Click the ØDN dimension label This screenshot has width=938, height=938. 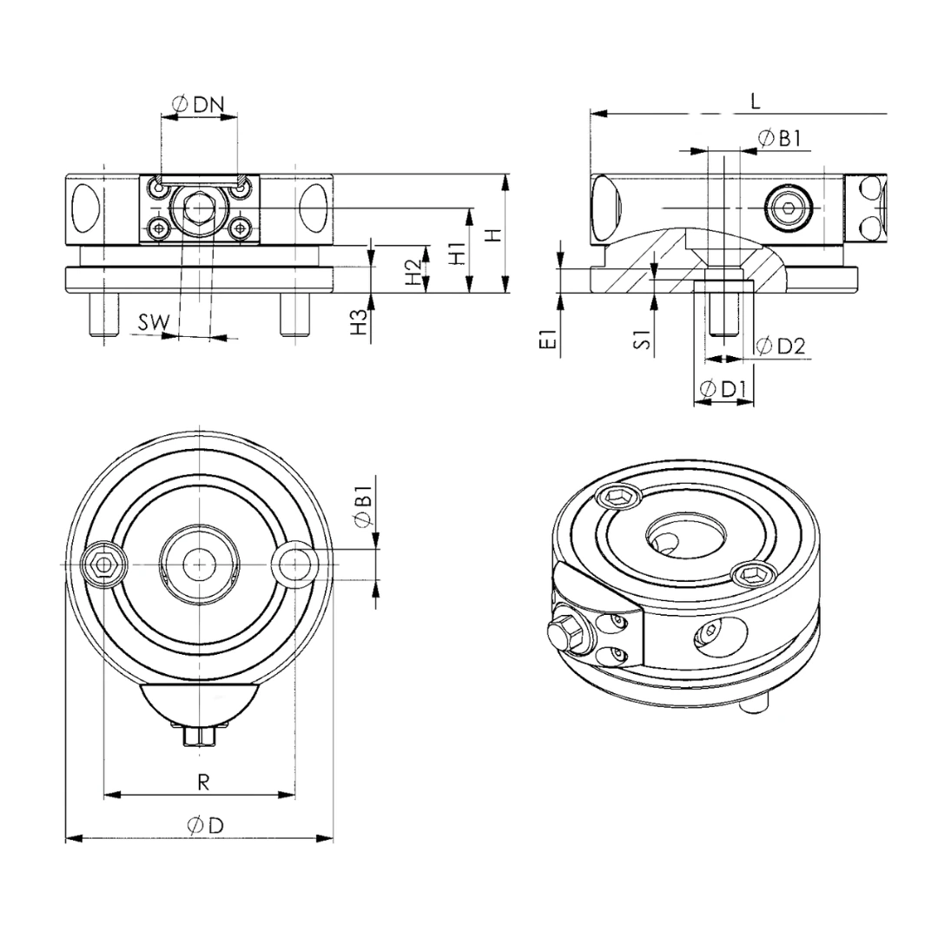[x=198, y=105]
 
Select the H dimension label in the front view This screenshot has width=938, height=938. [x=492, y=234]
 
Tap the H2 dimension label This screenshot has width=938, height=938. [x=413, y=271]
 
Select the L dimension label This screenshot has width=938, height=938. [x=755, y=101]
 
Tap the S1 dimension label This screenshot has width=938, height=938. [x=643, y=339]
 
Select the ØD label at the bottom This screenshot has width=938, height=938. [x=204, y=826]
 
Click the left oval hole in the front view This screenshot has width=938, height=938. [x=85, y=208]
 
